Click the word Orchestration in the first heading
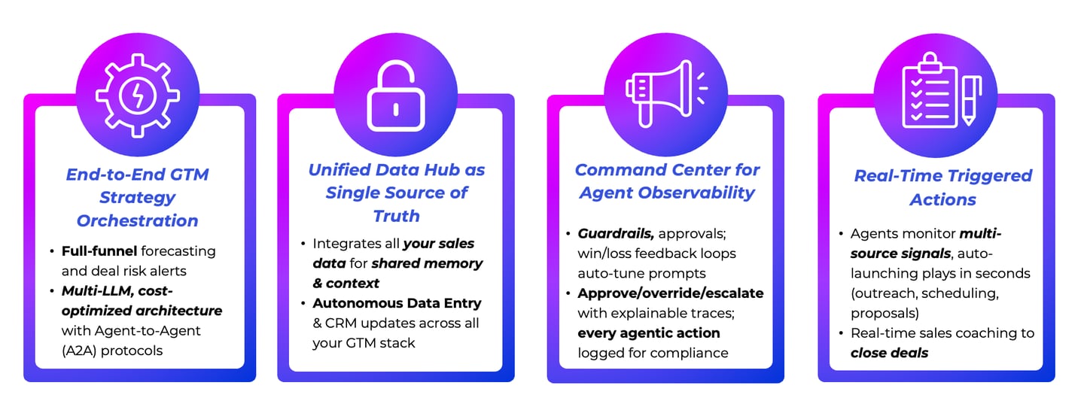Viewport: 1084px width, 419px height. pos(138,221)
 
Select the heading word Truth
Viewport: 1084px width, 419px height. pos(396,216)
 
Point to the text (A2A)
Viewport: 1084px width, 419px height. pos(79,351)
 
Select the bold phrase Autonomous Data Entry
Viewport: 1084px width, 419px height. pos(397,303)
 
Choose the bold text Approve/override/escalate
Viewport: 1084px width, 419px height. pos(670,293)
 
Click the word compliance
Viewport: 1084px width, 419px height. pos(693,352)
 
